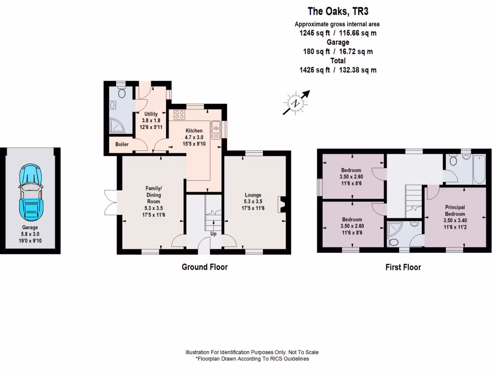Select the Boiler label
[x=121, y=144]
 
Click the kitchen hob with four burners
[x=180, y=115]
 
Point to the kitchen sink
[x=216, y=130]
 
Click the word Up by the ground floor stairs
[x=213, y=234]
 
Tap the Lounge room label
[x=253, y=195]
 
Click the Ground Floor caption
[x=204, y=267]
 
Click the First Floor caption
[x=403, y=267]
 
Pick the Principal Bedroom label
[x=454, y=211]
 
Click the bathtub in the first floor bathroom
[x=479, y=170]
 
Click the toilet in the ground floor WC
[x=121, y=92]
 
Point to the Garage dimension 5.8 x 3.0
[x=30, y=234]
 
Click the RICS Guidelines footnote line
[x=252, y=359]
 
